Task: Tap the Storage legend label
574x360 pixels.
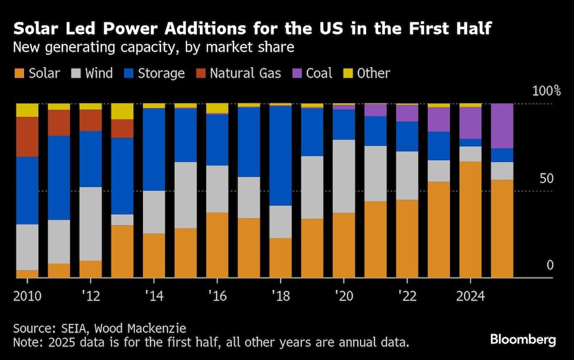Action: (161, 73)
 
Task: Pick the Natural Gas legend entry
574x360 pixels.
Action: (245, 73)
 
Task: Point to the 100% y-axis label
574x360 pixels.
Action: (546, 91)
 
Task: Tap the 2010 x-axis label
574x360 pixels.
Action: (27, 297)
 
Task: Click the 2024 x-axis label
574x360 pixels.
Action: (470, 297)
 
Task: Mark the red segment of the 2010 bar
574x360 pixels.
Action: (27, 137)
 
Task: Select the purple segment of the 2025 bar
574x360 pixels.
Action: (502, 126)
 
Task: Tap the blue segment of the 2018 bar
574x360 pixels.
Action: (280, 156)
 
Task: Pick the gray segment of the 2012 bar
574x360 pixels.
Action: (90, 223)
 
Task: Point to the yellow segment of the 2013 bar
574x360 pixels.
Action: (122, 111)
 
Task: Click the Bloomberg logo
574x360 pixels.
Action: (523, 339)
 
